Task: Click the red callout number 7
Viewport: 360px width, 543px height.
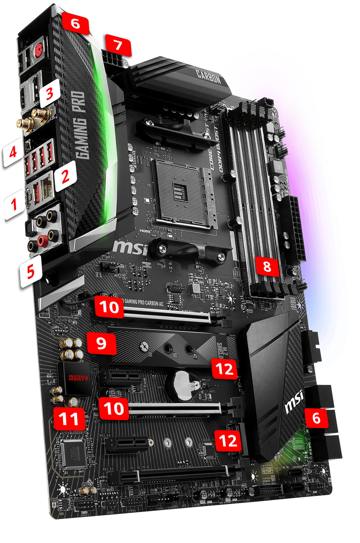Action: (x=118, y=45)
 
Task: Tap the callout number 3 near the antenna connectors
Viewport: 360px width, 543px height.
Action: (x=49, y=93)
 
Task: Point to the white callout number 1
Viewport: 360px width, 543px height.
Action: (x=14, y=204)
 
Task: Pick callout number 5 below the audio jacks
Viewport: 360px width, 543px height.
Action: (x=31, y=271)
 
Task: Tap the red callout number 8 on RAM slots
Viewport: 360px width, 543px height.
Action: (x=267, y=266)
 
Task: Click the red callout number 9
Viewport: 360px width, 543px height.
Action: (x=101, y=343)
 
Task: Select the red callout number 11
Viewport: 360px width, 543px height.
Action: (x=69, y=419)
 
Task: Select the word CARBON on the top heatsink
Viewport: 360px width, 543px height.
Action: (x=209, y=77)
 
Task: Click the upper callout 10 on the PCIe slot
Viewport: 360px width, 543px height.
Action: (x=109, y=307)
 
